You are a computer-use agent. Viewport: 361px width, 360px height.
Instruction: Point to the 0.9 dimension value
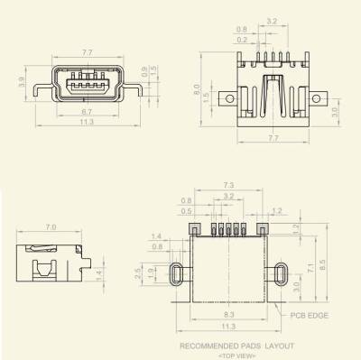[x=143, y=69]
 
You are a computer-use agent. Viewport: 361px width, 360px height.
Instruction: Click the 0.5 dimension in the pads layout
[x=185, y=211]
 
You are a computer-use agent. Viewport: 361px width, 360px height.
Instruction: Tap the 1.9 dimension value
[x=150, y=271]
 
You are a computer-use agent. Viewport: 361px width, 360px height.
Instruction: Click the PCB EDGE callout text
[x=310, y=316]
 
